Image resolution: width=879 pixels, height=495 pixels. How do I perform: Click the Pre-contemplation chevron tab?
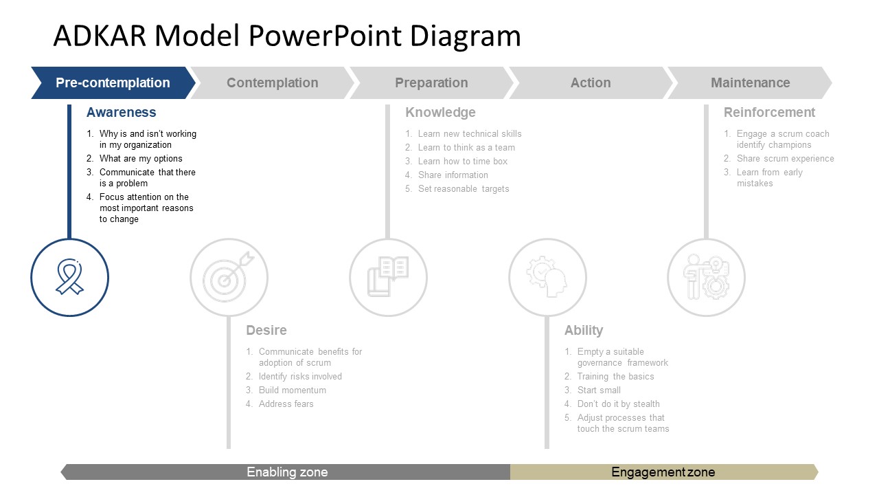[x=113, y=83]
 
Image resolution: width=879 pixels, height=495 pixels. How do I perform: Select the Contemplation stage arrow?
[x=272, y=83]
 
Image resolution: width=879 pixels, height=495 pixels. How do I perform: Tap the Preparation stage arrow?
[x=431, y=83]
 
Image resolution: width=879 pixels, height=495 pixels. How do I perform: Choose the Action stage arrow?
[x=591, y=83]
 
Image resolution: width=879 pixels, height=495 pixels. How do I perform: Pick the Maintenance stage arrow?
[x=750, y=83]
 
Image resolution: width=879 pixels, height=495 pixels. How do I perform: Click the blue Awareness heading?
[x=121, y=113]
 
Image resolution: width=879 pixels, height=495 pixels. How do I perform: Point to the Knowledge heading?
[x=440, y=113]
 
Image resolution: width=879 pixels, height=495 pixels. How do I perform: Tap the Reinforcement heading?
[x=769, y=113]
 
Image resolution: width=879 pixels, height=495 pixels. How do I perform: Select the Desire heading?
[x=266, y=331]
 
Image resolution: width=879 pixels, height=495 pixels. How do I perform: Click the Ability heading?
[x=584, y=331]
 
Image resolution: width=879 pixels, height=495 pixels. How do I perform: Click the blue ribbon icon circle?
[x=69, y=278]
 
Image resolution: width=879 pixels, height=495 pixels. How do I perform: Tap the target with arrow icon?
[x=229, y=278]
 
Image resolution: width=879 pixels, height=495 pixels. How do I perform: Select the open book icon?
[x=388, y=278]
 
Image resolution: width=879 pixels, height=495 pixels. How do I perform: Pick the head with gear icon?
[x=547, y=278]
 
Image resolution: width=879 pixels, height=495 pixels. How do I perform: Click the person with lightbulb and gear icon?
[x=707, y=278]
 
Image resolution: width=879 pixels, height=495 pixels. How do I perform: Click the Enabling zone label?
[x=287, y=472]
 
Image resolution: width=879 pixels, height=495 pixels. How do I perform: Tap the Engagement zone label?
[x=663, y=472]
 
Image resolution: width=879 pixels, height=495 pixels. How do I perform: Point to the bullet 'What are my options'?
[x=141, y=159]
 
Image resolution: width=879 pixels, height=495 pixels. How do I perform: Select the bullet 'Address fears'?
[x=286, y=404]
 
